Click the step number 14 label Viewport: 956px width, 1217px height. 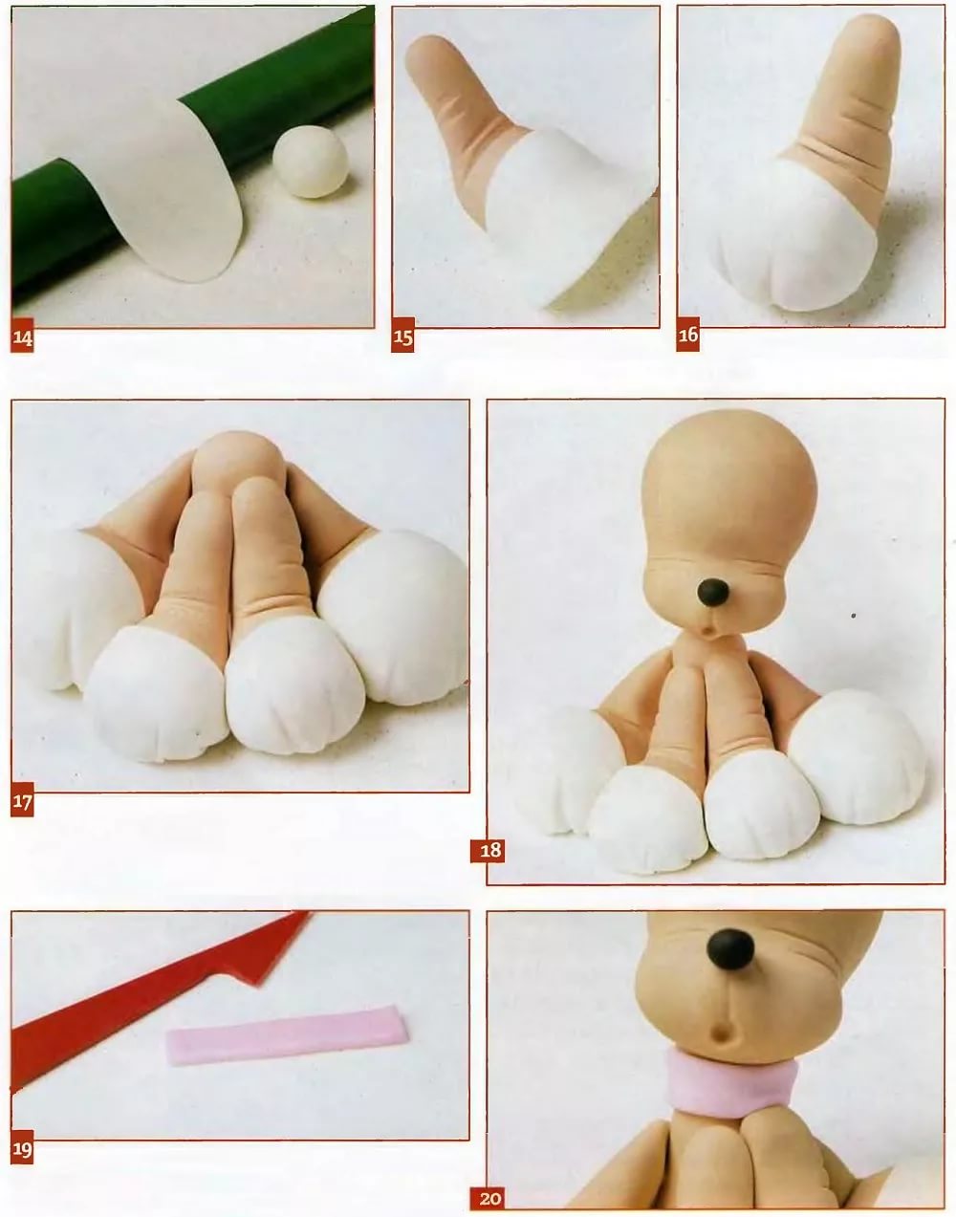tap(22, 336)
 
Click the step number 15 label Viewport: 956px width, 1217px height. tap(402, 336)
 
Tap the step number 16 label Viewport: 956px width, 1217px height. tap(687, 335)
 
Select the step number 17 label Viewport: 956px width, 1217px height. tap(22, 800)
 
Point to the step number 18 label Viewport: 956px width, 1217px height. tap(488, 851)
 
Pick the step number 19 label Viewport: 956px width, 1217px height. tap(22, 1147)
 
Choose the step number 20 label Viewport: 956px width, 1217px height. tap(488, 1198)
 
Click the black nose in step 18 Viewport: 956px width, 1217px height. tap(713, 593)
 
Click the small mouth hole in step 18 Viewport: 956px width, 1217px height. tap(708, 631)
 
